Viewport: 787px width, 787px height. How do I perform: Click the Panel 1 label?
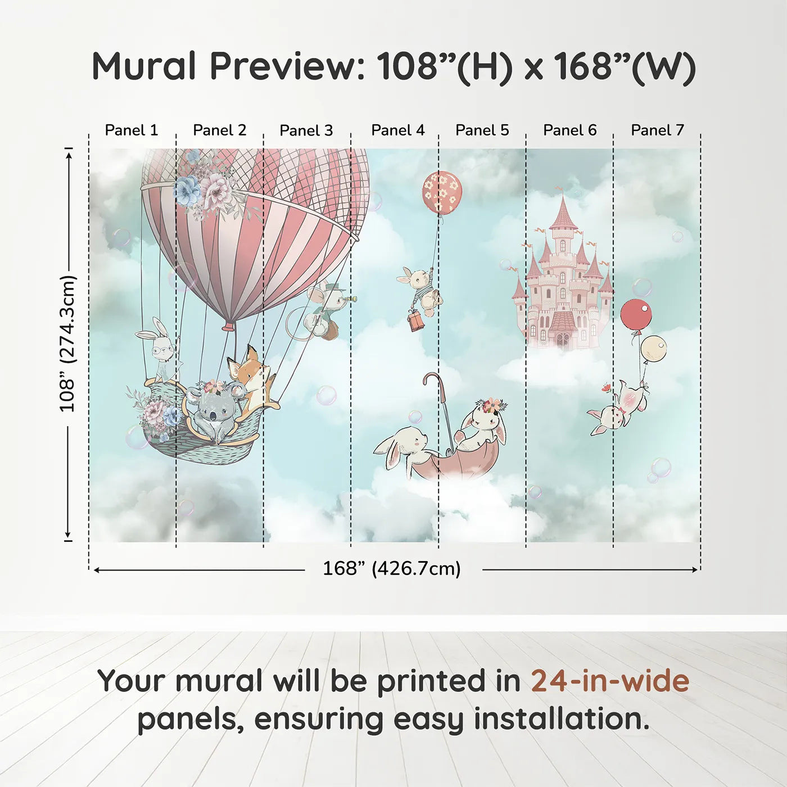(x=132, y=130)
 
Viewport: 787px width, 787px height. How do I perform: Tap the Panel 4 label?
(x=398, y=130)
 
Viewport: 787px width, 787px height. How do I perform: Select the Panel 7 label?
(x=657, y=130)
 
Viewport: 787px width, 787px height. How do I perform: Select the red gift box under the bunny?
(x=416, y=321)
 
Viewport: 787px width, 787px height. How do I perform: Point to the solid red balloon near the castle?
(x=636, y=314)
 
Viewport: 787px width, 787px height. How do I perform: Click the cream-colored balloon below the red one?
(x=653, y=349)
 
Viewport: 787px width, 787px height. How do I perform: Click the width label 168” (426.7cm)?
(x=392, y=569)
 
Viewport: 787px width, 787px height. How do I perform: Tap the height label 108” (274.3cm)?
(x=67, y=343)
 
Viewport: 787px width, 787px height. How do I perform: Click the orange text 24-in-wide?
(x=610, y=681)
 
